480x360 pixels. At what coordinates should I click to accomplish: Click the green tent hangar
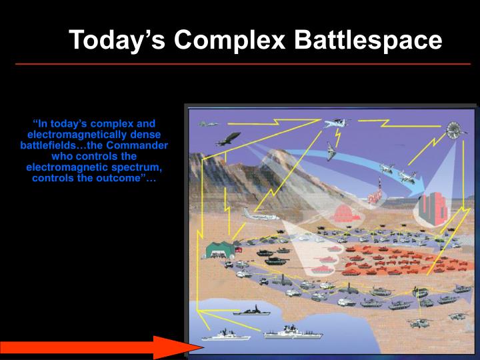click(220, 249)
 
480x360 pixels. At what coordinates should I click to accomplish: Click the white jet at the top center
click(336, 123)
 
